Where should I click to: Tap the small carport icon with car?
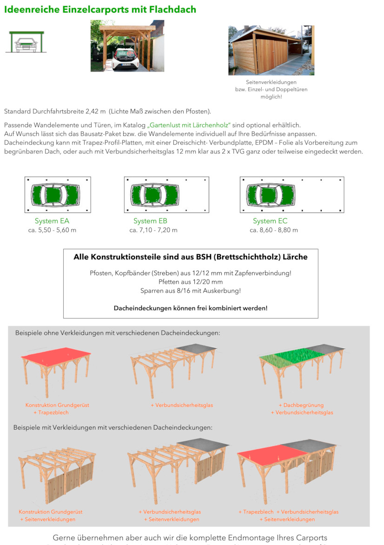(26, 42)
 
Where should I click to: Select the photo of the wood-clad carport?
(271, 50)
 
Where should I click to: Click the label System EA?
(52, 221)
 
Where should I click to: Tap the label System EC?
(270, 221)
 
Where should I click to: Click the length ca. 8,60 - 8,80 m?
(274, 230)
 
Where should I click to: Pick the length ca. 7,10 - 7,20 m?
(153, 230)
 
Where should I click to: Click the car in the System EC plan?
(271, 194)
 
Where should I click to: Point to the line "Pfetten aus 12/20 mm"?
(191, 282)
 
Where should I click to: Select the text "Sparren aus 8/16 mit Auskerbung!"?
(191, 291)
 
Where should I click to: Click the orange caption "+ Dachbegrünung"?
(301, 405)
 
